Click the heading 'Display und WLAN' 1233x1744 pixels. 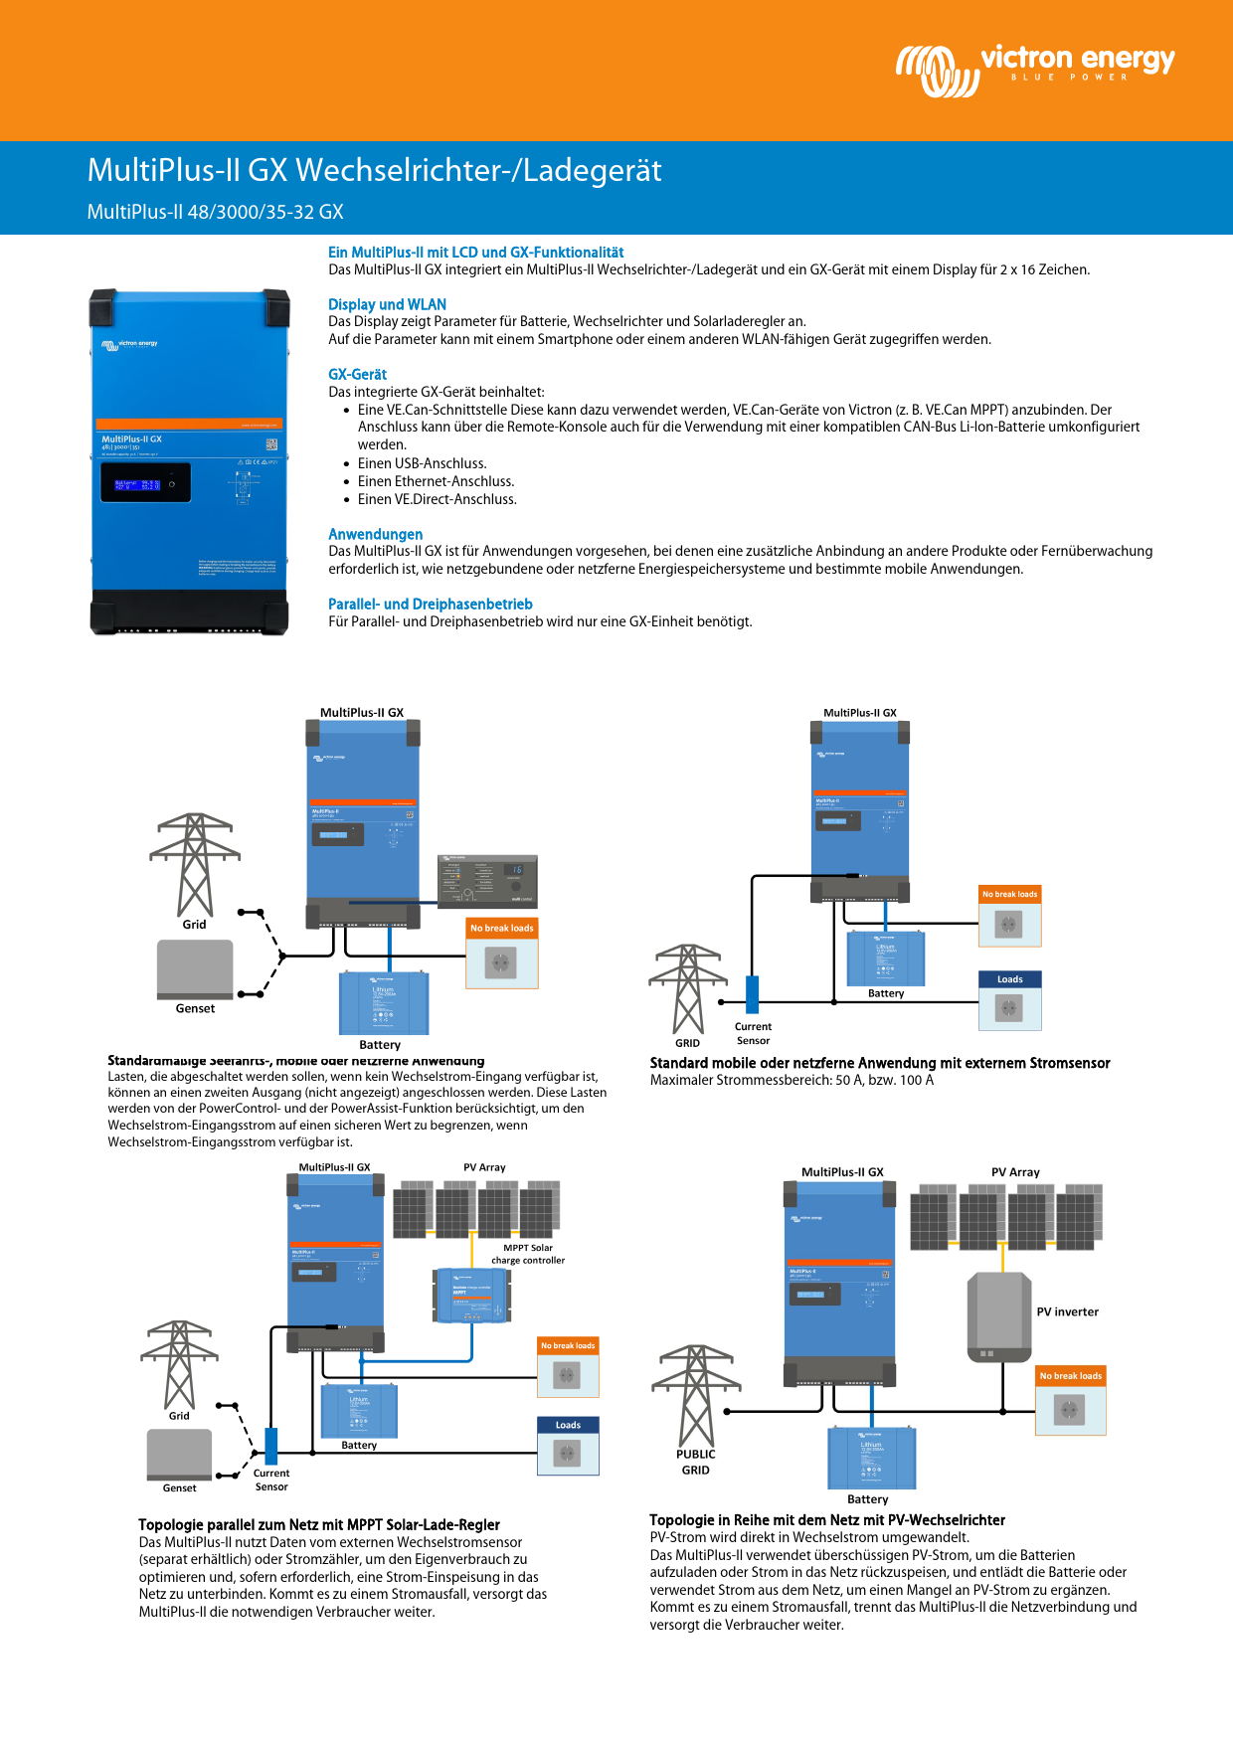pyautogui.click(x=387, y=304)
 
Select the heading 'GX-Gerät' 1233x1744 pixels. pyautogui.click(x=357, y=374)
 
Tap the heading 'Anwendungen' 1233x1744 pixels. pyautogui.click(x=375, y=534)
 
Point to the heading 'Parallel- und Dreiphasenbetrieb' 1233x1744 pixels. pyautogui.click(x=430, y=604)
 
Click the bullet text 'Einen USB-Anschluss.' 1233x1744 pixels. pyautogui.click(x=422, y=463)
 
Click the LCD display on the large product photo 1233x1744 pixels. pyautogui.click(x=145, y=483)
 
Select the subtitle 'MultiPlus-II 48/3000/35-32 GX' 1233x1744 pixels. pyautogui.click(x=215, y=212)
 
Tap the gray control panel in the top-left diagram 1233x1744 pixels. pyautogui.click(x=487, y=880)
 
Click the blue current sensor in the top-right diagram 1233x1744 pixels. pyautogui.click(x=752, y=994)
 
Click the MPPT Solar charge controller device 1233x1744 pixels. pyautogui.click(x=472, y=1296)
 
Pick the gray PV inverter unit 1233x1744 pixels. pyautogui.click(x=998, y=1316)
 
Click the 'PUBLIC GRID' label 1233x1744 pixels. pyautogui.click(x=695, y=1462)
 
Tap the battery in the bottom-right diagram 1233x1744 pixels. pyautogui.click(x=871, y=1458)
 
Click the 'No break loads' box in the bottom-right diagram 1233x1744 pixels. pyautogui.click(x=1070, y=1401)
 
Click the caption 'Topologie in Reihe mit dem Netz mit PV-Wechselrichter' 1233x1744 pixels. pyautogui.click(x=826, y=1519)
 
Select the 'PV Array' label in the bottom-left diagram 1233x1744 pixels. pyautogui.click(x=484, y=1167)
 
